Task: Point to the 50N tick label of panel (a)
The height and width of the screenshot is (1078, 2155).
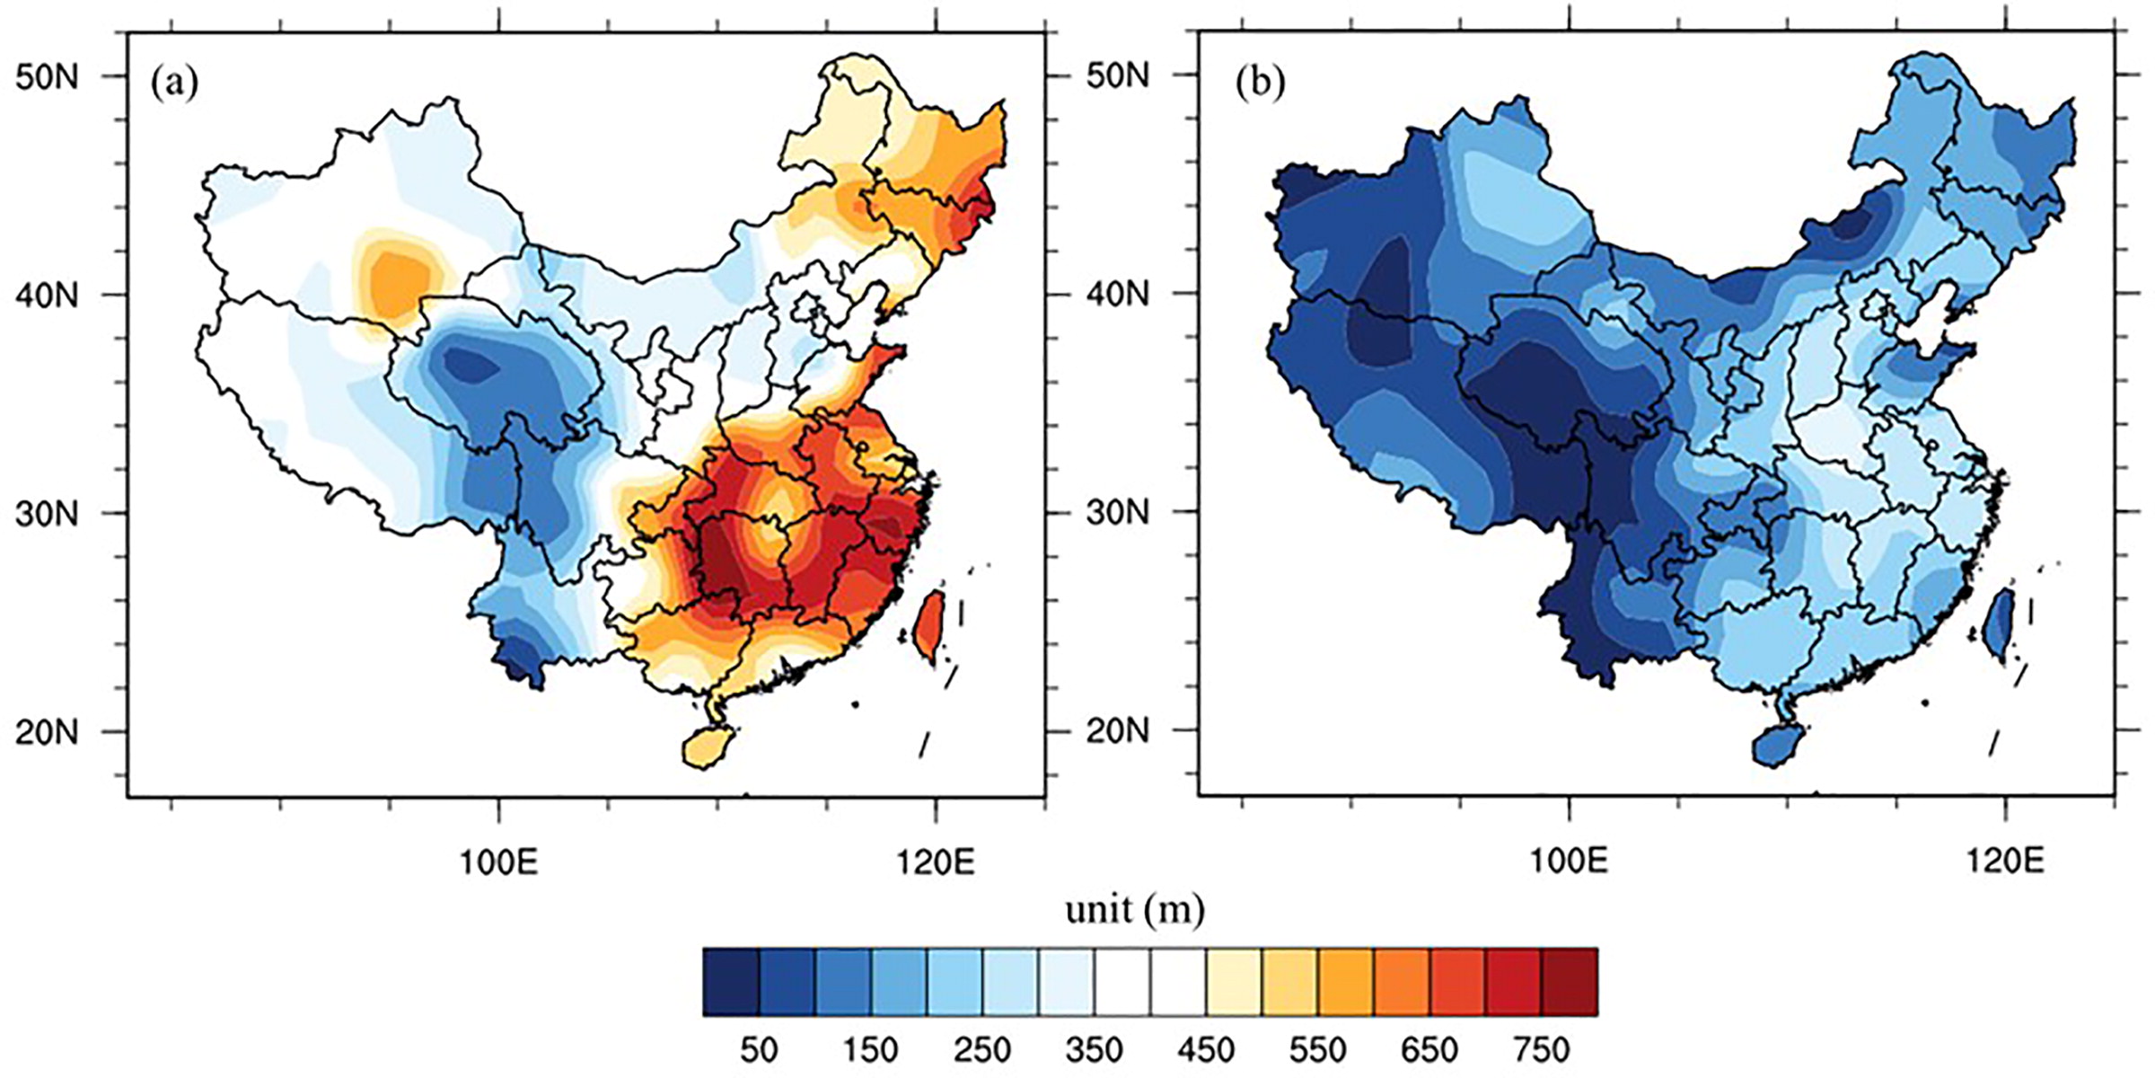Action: click(47, 76)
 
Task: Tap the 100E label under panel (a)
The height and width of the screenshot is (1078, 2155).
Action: click(498, 862)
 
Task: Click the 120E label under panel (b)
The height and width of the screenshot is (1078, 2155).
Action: click(2004, 862)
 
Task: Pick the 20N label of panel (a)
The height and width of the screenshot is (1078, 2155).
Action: click(47, 732)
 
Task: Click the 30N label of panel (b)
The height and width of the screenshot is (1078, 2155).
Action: click(1117, 512)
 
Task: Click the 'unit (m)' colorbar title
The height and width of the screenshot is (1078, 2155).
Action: click(1135, 910)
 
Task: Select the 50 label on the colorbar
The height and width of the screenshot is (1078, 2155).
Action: click(759, 1049)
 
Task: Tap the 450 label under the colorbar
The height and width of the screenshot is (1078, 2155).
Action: click(1205, 1049)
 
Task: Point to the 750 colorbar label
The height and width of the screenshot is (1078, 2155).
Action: click(1541, 1049)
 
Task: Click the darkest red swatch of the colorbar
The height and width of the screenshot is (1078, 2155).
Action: click(1570, 982)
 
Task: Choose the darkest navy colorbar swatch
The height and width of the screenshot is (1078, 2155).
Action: click(732, 982)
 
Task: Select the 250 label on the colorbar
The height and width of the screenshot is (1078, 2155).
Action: click(982, 1049)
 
